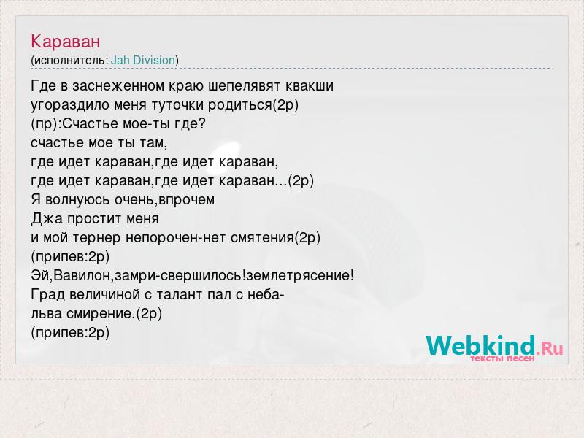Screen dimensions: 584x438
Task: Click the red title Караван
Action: click(66, 41)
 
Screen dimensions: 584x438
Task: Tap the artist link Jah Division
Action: click(143, 60)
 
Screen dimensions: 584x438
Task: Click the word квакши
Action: click(310, 86)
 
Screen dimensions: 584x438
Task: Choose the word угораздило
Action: click(69, 105)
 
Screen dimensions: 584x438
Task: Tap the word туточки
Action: click(177, 105)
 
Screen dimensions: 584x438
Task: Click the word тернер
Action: click(96, 238)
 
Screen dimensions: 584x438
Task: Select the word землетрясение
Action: click(298, 276)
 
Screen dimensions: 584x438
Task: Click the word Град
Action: click(47, 295)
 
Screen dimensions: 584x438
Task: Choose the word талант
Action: click(180, 295)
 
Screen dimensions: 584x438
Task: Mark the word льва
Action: click(46, 314)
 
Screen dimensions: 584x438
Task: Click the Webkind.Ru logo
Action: click(495, 346)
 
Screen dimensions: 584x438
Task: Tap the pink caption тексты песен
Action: click(502, 358)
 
